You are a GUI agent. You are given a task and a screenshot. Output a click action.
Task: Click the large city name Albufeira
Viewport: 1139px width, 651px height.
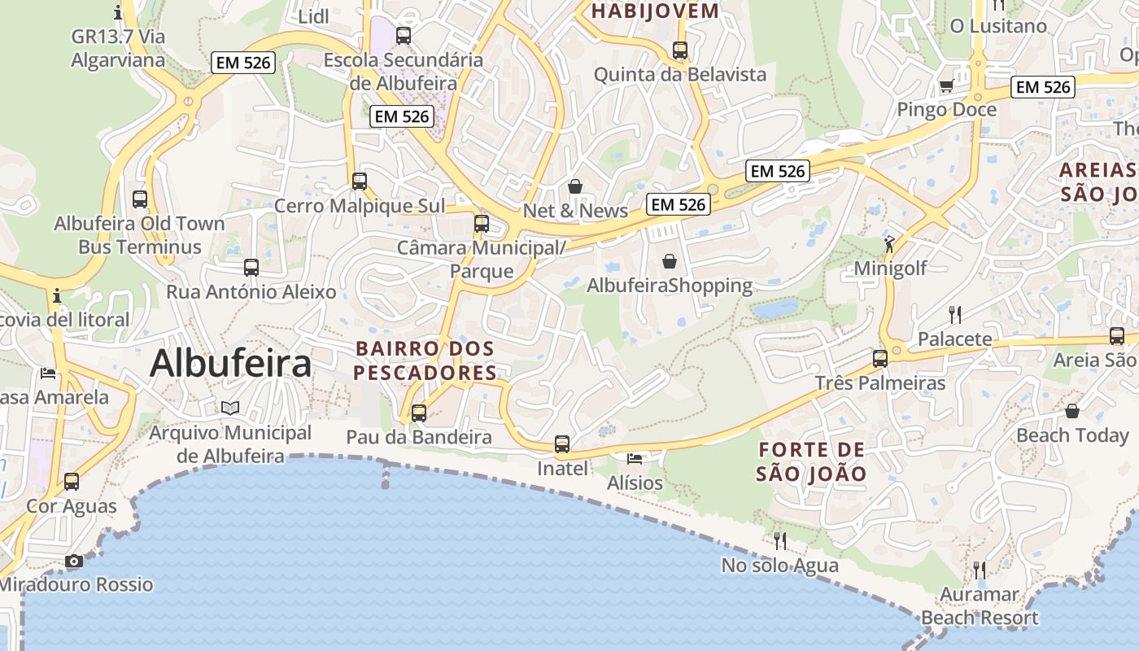coord(230,363)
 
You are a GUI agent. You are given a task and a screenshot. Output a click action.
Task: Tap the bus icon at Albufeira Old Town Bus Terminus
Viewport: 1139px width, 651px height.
coord(140,199)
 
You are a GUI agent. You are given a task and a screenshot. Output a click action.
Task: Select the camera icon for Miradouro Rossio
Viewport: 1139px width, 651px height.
coord(74,561)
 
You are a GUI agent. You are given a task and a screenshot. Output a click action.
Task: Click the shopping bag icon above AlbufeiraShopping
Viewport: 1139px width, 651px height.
coord(670,261)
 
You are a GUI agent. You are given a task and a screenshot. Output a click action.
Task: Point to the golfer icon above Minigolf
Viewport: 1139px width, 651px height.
coord(889,243)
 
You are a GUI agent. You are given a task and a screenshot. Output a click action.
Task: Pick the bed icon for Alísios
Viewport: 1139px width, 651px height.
coord(635,460)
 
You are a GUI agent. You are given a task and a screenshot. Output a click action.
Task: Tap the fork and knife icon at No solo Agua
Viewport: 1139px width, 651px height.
coord(779,540)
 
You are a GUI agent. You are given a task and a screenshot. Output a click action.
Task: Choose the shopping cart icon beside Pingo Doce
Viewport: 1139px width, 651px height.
coord(946,85)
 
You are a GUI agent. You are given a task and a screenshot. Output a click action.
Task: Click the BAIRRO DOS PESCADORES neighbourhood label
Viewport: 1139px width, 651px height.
coord(425,360)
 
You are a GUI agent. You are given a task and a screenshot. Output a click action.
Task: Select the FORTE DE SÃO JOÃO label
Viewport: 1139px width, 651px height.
coord(811,461)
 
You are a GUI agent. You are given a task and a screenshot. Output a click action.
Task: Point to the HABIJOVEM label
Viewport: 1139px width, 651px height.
coord(655,11)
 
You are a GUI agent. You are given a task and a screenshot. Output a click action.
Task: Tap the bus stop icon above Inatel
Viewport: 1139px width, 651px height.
coord(562,444)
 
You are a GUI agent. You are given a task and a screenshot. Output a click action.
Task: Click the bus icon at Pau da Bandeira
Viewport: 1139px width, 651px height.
coord(419,413)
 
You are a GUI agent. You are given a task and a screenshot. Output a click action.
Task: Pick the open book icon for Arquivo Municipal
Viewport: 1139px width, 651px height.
coord(230,408)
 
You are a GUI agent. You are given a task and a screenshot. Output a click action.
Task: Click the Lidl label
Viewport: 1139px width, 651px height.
coord(313,16)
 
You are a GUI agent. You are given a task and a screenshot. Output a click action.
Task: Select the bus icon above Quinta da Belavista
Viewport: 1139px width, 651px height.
coord(680,50)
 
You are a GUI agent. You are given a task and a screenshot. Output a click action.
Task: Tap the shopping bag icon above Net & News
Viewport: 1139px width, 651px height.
coord(575,186)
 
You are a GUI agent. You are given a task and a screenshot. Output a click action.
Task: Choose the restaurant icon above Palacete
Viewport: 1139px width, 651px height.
coord(955,314)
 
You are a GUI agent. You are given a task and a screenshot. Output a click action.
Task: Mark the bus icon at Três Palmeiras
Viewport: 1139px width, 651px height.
coord(880,358)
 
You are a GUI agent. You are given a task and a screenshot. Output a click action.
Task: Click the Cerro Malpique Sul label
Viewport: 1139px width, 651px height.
coord(360,206)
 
